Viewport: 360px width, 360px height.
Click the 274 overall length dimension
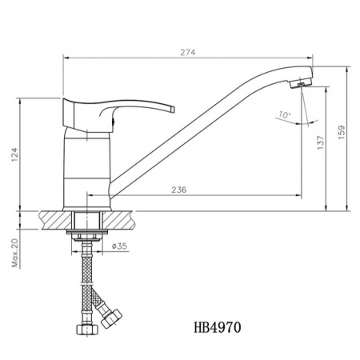pyautogui.click(x=188, y=52)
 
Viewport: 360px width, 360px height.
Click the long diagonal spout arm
pyautogui.click(x=200, y=128)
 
